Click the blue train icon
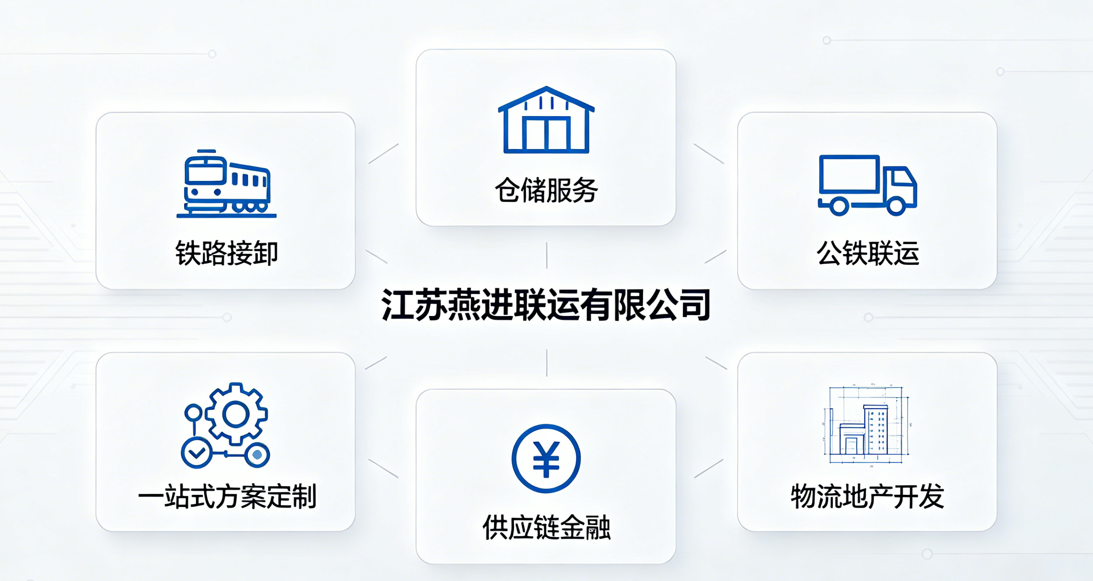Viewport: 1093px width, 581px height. [226, 184]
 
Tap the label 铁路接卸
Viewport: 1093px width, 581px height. [226, 253]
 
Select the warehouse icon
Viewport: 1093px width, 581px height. [546, 120]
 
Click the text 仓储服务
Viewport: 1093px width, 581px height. [546, 190]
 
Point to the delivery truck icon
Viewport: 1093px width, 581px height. [868, 185]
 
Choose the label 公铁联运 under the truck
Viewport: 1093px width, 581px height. [868, 253]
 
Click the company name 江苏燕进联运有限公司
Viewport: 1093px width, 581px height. [546, 305]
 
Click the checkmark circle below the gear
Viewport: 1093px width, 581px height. [196, 453]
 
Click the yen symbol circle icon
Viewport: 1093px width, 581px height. [546, 459]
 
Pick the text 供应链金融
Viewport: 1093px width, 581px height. [546, 527]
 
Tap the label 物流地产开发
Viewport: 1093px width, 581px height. [867, 497]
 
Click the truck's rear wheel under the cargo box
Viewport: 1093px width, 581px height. [839, 206]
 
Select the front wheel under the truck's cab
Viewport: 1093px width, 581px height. [896, 206]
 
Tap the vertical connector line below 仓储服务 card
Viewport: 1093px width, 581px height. [546, 256]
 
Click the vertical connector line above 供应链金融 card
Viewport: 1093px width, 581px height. [546, 363]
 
